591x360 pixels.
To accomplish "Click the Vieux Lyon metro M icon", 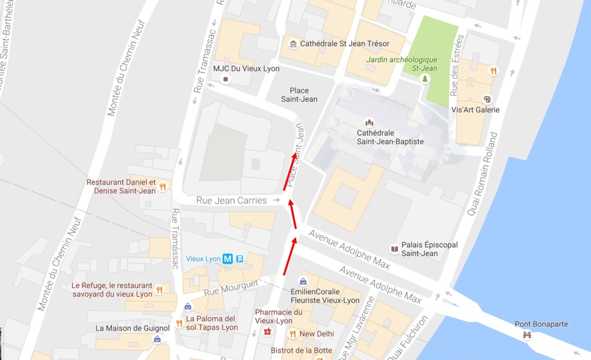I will pyautogui.click(x=227, y=259).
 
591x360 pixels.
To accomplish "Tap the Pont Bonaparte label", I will pyautogui.click(x=541, y=324).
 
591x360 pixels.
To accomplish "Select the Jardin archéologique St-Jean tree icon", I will pyautogui.click(x=424, y=79).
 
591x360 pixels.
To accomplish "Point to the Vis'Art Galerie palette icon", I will pyautogui.click(x=486, y=99).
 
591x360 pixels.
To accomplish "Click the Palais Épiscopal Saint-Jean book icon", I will pyautogui.click(x=394, y=249).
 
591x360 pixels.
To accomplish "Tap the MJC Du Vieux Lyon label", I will pyautogui.click(x=245, y=69).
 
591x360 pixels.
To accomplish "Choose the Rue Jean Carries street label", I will pyautogui.click(x=231, y=200).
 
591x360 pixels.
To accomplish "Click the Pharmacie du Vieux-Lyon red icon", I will pyautogui.click(x=267, y=331).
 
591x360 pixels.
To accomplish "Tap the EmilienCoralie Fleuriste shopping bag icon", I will pyautogui.click(x=304, y=281).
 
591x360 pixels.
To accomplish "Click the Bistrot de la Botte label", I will pyautogui.click(x=301, y=350).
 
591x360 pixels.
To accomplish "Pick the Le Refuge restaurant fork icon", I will pyautogui.click(x=159, y=290).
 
